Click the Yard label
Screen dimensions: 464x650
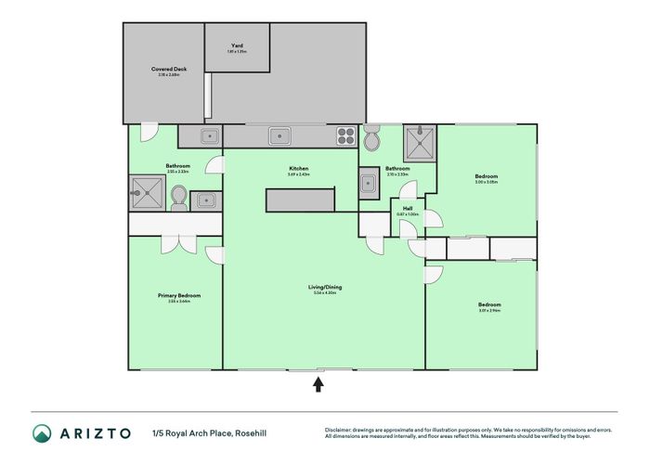[238, 45]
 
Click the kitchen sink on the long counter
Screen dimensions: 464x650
[279, 136]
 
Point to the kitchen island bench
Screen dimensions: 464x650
[300, 200]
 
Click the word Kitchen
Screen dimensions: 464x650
[298, 168]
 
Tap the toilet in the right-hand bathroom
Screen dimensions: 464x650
[372, 140]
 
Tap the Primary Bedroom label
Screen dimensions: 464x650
[179, 295]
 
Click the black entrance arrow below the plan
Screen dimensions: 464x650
[318, 383]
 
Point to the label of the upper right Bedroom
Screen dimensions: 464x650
[487, 176]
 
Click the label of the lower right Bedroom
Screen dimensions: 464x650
[489, 304]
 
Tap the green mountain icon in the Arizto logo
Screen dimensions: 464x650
[43, 433]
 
